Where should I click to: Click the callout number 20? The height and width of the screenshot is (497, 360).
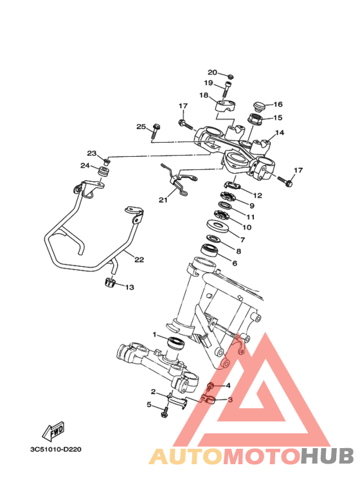click(x=212, y=72)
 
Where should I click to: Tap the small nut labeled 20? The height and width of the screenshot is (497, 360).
click(x=231, y=77)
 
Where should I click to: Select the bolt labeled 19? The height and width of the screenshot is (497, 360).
click(x=227, y=89)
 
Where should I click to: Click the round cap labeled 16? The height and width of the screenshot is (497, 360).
click(x=259, y=105)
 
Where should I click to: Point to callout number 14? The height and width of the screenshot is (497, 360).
click(x=280, y=132)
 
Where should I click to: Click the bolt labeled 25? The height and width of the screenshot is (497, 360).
click(x=156, y=130)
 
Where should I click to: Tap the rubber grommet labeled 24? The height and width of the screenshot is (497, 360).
click(x=104, y=172)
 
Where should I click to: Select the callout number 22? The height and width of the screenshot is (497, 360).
click(x=139, y=259)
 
